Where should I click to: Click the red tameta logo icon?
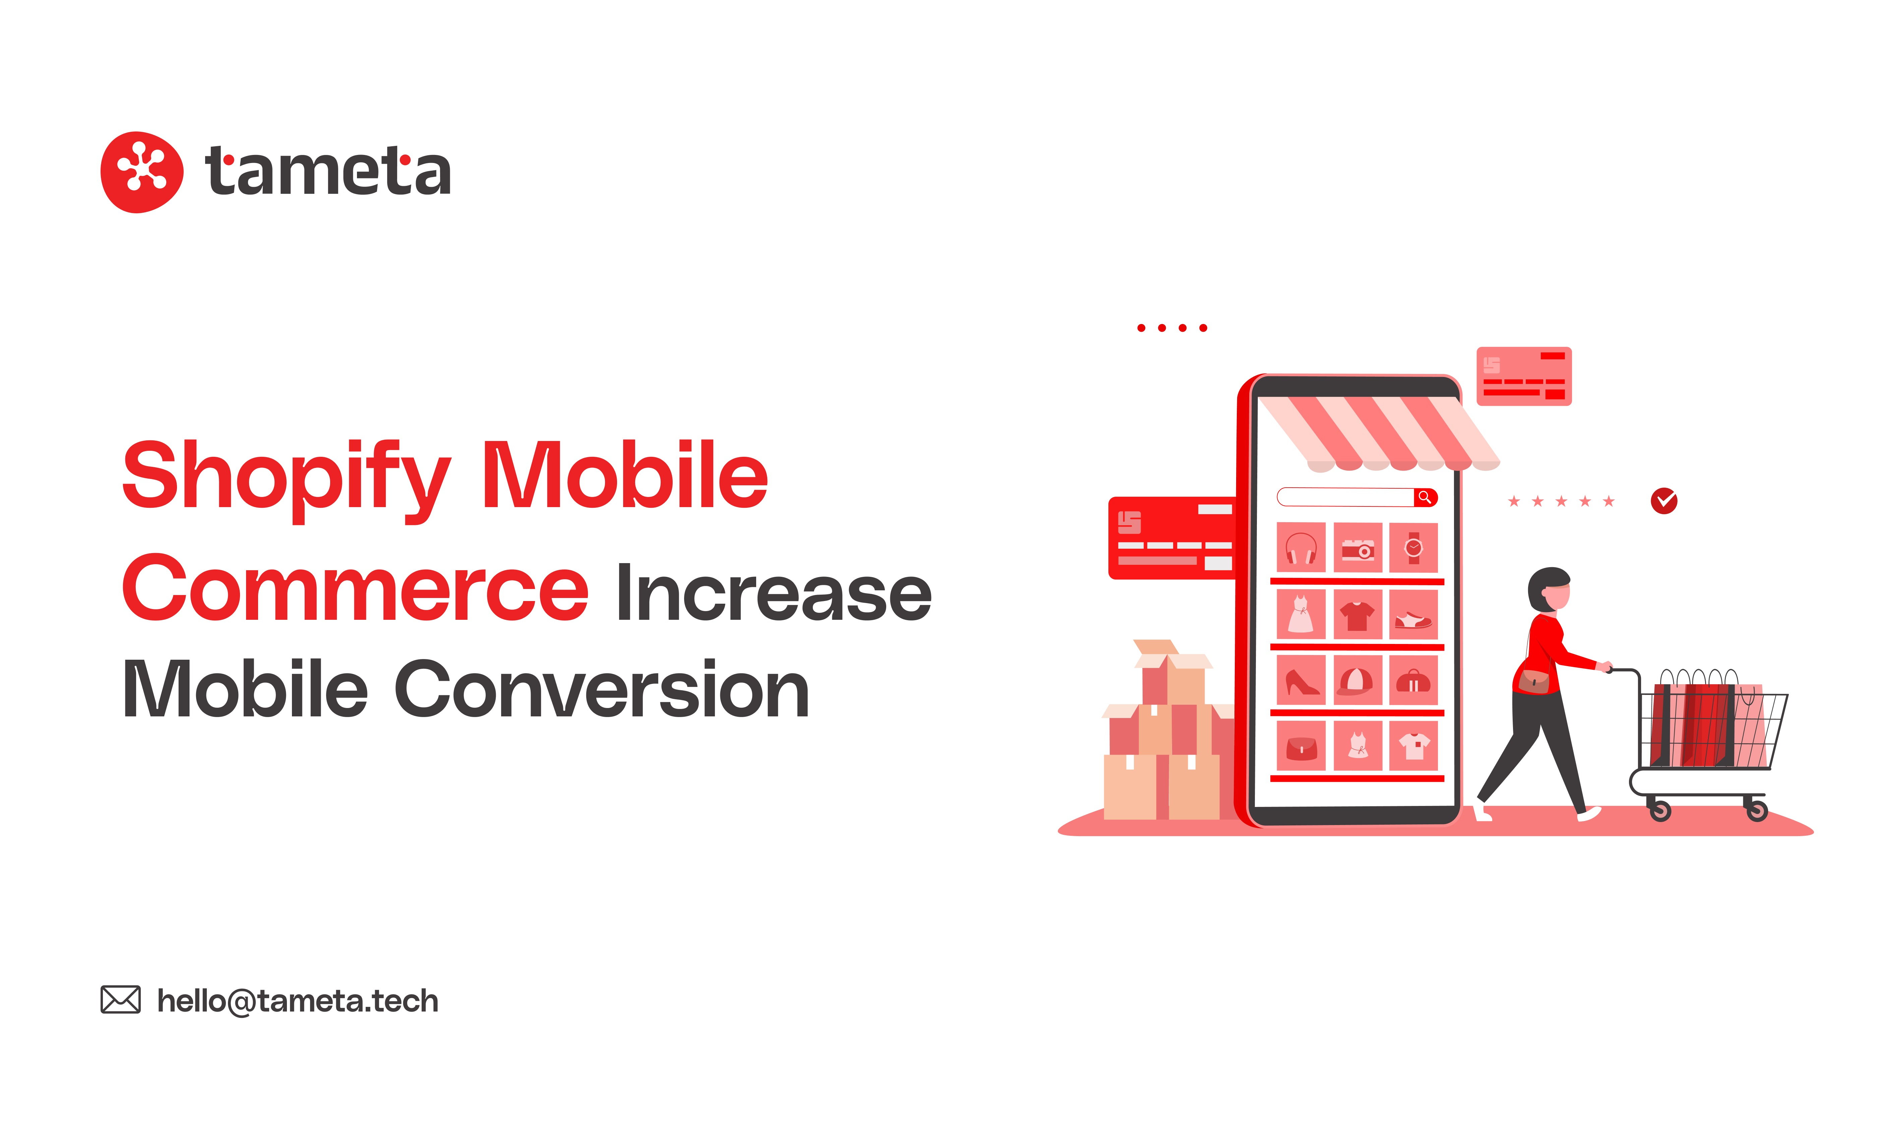[142, 172]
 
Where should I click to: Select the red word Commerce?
[355, 588]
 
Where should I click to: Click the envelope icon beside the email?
[120, 1000]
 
